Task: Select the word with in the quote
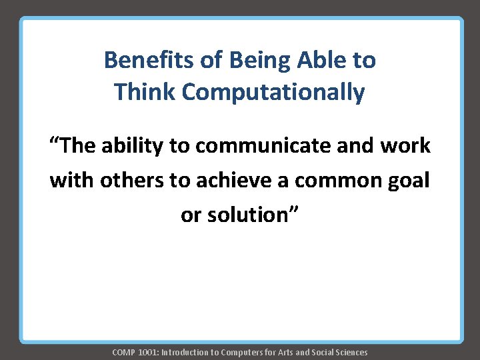[x=67, y=181]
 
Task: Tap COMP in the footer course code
[x=123, y=352]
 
